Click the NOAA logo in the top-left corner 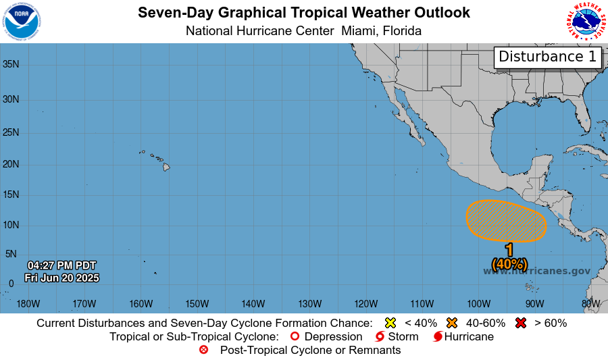coord(22,22)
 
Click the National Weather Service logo coord(585,22)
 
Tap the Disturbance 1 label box coord(548,57)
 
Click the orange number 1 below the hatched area coord(509,250)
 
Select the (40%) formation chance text coord(509,263)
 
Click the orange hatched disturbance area coord(506,221)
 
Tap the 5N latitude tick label coord(11,254)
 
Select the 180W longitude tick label coord(28,303)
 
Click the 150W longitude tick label coord(197,303)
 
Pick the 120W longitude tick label coord(365,303)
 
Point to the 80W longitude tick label coord(590,303)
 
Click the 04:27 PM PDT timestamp coord(61,265)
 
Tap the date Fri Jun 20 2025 coord(61,278)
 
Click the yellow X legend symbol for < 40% coord(390,323)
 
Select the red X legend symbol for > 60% coord(520,323)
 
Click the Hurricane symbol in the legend coord(438,336)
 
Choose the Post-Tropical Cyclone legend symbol coord(204,350)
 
